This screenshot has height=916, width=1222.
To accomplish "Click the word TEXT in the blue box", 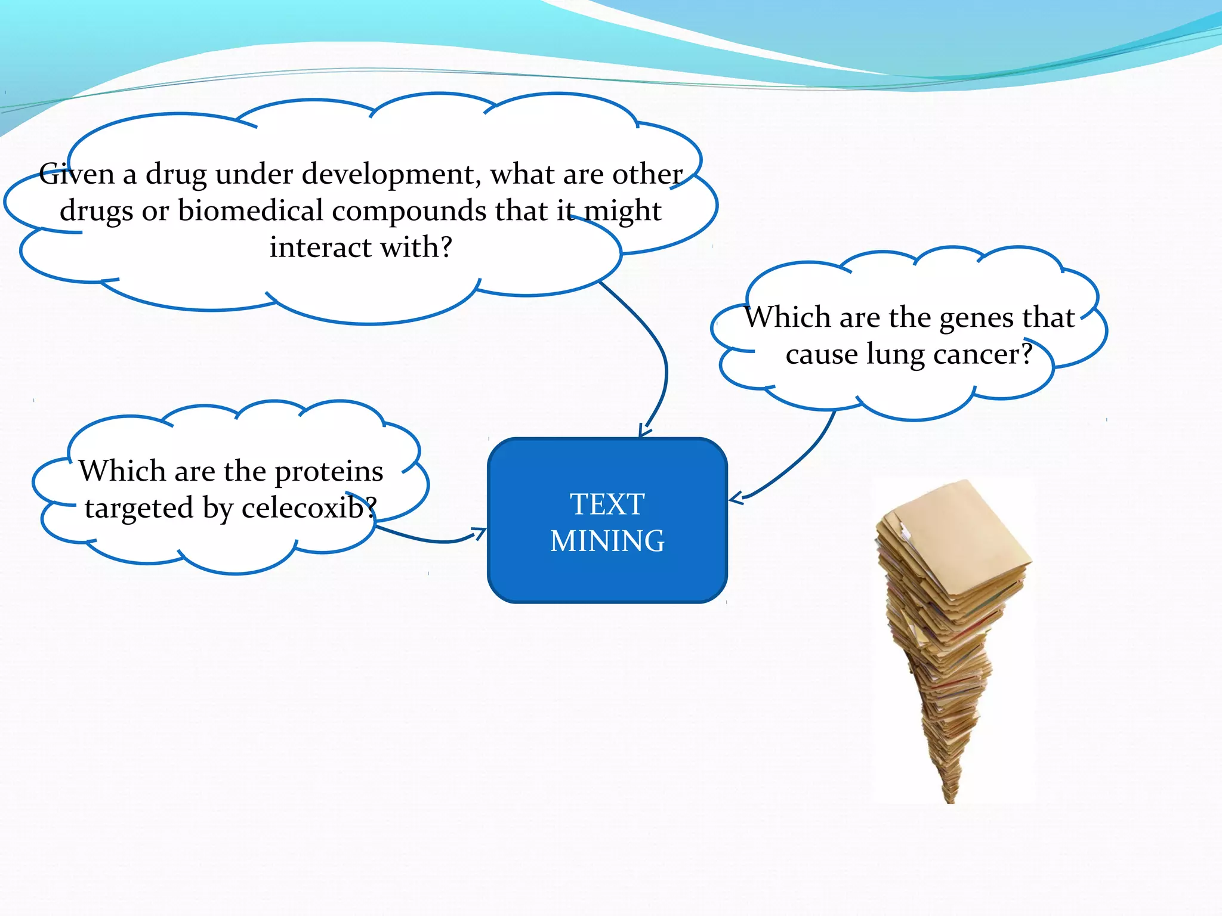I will pos(607,505).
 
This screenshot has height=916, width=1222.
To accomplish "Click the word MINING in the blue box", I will pos(607,541).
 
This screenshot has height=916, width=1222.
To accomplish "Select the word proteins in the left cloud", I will pos(329,472).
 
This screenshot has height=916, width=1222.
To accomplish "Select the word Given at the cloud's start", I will pos(76,174).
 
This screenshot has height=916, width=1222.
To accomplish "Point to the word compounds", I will pos(409,212).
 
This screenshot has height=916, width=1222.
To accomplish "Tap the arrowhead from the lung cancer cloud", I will pos(735,499).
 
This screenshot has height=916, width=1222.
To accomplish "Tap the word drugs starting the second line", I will pos(95,212).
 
